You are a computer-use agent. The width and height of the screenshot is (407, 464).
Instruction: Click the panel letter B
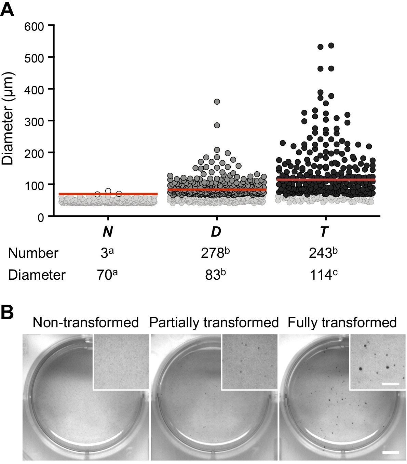pyautogui.click(x=8, y=311)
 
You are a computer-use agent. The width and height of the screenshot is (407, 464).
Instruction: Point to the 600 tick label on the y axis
pyautogui.click(x=34, y=26)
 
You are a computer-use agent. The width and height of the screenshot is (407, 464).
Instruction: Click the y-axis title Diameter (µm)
pyautogui.click(x=8, y=119)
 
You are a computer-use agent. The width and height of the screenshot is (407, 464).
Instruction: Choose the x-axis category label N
pyautogui.click(x=108, y=232)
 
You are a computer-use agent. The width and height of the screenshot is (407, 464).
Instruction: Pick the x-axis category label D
pyautogui.click(x=216, y=232)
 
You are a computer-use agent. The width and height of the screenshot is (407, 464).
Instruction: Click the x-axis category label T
pyautogui.click(x=324, y=232)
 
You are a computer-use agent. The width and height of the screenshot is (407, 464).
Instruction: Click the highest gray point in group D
pyautogui.click(x=217, y=102)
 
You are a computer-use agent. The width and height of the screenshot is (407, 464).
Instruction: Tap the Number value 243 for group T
pyautogui.click(x=321, y=253)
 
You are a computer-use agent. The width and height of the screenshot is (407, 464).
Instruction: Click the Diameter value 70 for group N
pyautogui.click(x=105, y=275)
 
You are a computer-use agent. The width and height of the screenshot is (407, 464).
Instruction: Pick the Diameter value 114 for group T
pyautogui.click(x=321, y=275)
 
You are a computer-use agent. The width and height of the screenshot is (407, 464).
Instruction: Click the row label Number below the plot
pyautogui.click(x=33, y=253)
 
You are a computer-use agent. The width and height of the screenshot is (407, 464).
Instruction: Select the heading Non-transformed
pyautogui.click(x=86, y=322)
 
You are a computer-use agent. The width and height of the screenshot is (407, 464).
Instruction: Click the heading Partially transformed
pyautogui.click(x=214, y=322)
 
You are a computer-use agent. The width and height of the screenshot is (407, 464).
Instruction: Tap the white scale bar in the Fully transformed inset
pyautogui.click(x=391, y=384)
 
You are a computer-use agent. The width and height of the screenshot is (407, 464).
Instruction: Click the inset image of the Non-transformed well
pyautogui.click(x=121, y=362)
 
